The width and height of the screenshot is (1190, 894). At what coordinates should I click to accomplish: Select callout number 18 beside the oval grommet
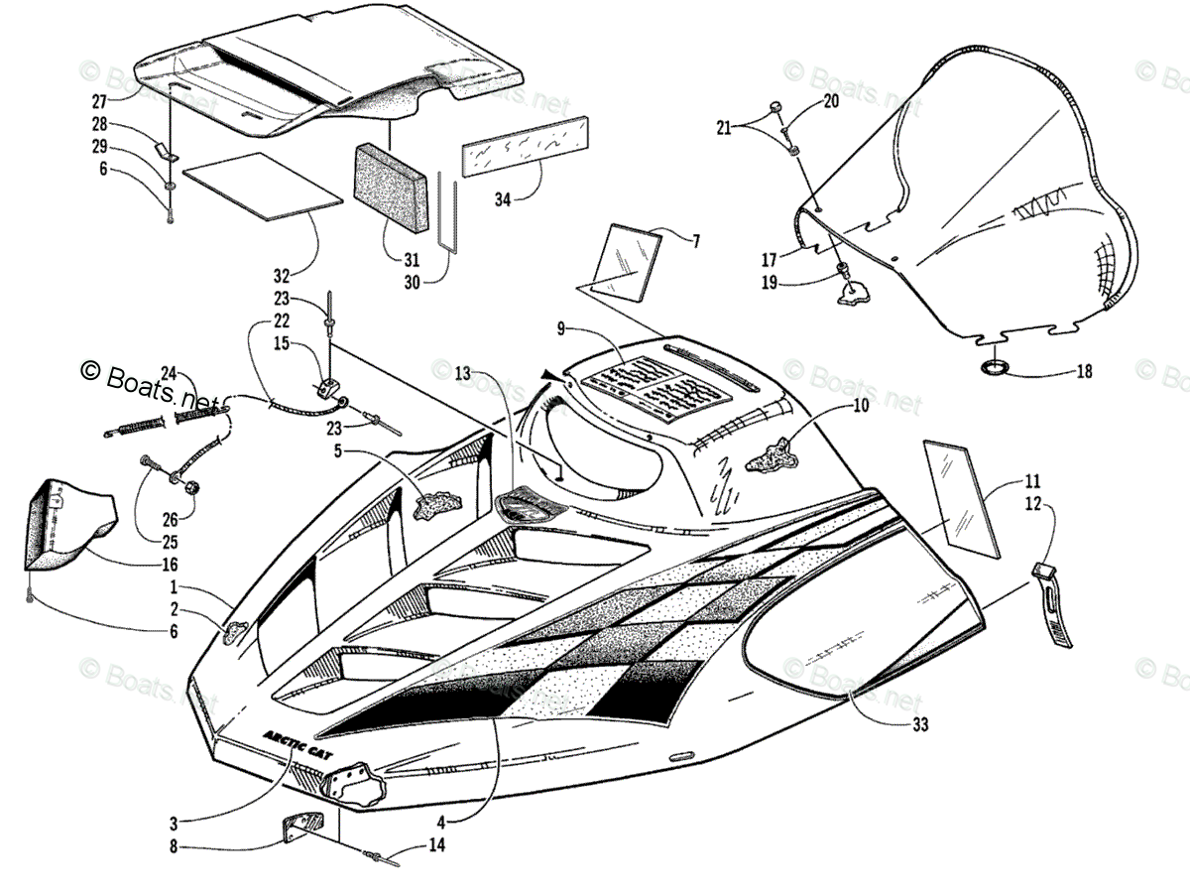[x=1083, y=372]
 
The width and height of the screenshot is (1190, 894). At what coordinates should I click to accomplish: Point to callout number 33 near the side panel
[x=920, y=725]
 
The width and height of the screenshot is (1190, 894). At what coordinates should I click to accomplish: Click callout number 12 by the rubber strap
[x=1033, y=504]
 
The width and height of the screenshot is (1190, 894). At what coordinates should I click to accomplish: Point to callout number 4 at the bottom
[x=438, y=822]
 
